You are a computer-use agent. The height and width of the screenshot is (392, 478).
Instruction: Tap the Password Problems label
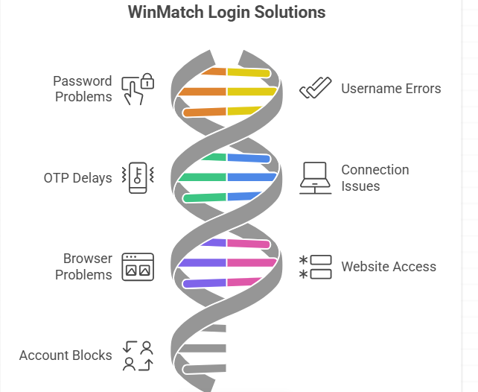pyautogui.click(x=83, y=89)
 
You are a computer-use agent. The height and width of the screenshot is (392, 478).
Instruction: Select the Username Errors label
pyautogui.click(x=391, y=89)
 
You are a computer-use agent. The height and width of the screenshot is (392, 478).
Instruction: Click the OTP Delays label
pyautogui.click(x=77, y=178)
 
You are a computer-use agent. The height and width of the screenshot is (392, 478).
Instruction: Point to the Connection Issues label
pyautogui.click(x=375, y=177)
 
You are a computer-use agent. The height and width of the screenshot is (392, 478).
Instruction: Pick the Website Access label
pyautogui.click(x=388, y=267)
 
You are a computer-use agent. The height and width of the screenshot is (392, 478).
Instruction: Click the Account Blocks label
pyautogui.click(x=66, y=355)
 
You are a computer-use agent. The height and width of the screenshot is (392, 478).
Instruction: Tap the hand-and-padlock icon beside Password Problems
pyautogui.click(x=138, y=89)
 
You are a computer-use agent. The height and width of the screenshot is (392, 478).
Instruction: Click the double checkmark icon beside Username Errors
pyautogui.click(x=315, y=89)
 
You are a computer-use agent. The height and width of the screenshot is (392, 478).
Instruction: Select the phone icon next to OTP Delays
pyautogui.click(x=138, y=178)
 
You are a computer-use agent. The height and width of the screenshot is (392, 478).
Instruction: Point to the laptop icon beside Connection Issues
pyautogui.click(x=316, y=178)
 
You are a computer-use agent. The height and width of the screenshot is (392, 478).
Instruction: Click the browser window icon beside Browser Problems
pyautogui.click(x=138, y=267)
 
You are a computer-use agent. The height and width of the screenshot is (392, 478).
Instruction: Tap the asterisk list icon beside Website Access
pyautogui.click(x=316, y=267)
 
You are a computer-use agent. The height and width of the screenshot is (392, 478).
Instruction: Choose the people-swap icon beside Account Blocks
pyautogui.click(x=138, y=355)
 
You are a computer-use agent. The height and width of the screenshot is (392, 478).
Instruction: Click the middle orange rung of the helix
pyautogui.click(x=202, y=92)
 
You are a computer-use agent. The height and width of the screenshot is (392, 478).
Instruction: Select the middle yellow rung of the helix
pyautogui.click(x=252, y=92)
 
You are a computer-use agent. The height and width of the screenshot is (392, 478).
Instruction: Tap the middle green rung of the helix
pyautogui.click(x=202, y=177)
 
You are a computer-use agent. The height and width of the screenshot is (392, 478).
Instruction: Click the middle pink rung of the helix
pyautogui.click(x=252, y=263)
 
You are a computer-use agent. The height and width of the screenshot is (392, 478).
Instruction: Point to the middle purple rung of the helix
pyautogui.click(x=202, y=263)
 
